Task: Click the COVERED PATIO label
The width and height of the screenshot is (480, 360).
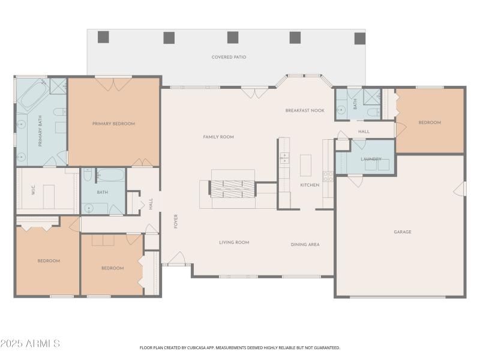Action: [229, 57]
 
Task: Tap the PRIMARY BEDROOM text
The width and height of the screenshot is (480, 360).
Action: [113, 124]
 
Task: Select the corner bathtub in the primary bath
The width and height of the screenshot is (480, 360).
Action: [32, 96]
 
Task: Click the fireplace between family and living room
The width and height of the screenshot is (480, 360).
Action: [232, 188]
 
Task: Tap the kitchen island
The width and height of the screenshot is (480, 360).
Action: [306, 165]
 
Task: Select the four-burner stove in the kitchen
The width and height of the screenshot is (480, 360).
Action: [328, 176]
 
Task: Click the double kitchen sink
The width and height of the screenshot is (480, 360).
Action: [284, 158]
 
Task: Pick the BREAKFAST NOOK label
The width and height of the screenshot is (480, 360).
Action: [305, 110]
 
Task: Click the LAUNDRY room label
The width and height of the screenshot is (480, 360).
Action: [371, 159]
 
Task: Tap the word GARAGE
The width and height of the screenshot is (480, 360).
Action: [402, 232]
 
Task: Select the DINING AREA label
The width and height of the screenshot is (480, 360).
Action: [305, 244]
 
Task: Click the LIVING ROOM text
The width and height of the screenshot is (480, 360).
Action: [234, 242]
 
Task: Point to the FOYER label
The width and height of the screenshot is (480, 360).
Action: [176, 221]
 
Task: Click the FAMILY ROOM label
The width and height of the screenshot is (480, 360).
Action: [218, 137]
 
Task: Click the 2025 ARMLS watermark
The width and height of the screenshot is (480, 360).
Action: [30, 344]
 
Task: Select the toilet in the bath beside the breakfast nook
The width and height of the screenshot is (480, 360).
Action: [371, 112]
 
